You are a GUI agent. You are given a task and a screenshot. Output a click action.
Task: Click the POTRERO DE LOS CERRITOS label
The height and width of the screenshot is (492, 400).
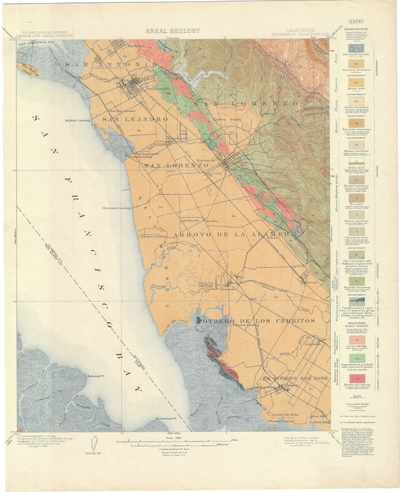[x=256, y=322]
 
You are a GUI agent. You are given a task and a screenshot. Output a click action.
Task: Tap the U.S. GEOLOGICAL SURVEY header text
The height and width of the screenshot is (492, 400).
[x=42, y=34]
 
